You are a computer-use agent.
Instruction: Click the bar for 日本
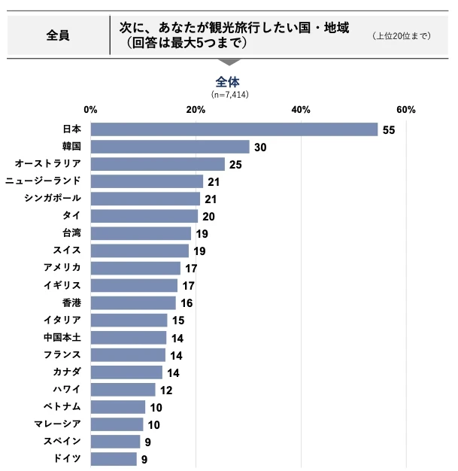click(x=234, y=129)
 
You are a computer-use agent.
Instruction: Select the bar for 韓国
click(x=170, y=147)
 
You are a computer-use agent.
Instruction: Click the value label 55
click(x=388, y=130)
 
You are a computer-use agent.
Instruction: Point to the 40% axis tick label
click(x=301, y=110)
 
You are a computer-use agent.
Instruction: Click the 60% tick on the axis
click(x=406, y=110)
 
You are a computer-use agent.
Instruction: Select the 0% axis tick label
click(x=91, y=110)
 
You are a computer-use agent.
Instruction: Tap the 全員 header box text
click(x=58, y=35)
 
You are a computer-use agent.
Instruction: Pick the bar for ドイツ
click(x=114, y=458)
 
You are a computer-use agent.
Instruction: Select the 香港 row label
click(x=71, y=302)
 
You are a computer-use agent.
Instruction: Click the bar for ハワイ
click(x=123, y=389)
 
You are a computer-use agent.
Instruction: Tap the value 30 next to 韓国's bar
click(x=260, y=147)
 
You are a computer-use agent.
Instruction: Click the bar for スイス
click(x=140, y=251)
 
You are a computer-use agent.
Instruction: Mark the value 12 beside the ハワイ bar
click(x=166, y=390)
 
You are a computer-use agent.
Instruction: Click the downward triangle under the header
click(x=229, y=62)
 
